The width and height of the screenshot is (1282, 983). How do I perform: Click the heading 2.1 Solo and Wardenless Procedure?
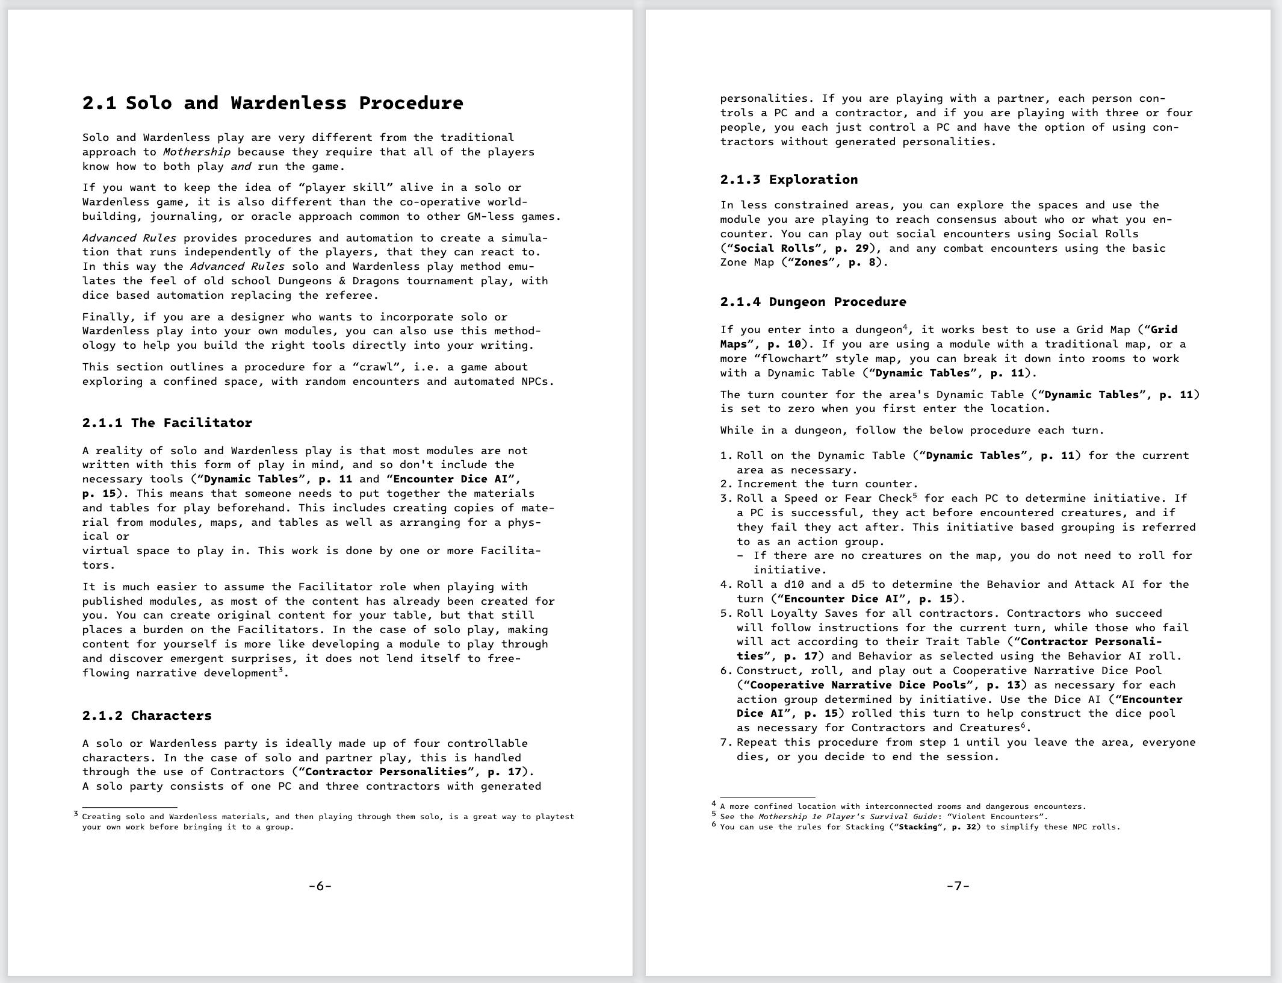pos(273,103)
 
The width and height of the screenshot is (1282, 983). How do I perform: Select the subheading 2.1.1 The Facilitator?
pos(167,423)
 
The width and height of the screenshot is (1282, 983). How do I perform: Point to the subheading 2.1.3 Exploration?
pos(788,179)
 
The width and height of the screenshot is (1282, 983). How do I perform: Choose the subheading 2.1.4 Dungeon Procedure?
pos(813,302)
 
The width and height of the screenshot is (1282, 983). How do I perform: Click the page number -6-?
pos(320,886)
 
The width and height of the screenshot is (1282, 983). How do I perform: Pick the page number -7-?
pos(958,886)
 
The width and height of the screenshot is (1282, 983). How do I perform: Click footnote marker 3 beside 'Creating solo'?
pos(76,814)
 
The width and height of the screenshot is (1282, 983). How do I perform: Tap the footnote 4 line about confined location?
pos(903,807)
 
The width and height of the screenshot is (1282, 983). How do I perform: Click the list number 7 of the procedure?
pos(725,743)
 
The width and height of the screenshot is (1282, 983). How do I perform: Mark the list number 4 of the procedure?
pos(725,585)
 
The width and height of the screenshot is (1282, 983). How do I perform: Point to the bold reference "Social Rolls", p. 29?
pos(799,249)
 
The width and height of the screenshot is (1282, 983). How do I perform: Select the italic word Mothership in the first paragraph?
pos(196,152)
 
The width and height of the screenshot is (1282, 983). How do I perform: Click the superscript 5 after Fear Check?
pos(914,496)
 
